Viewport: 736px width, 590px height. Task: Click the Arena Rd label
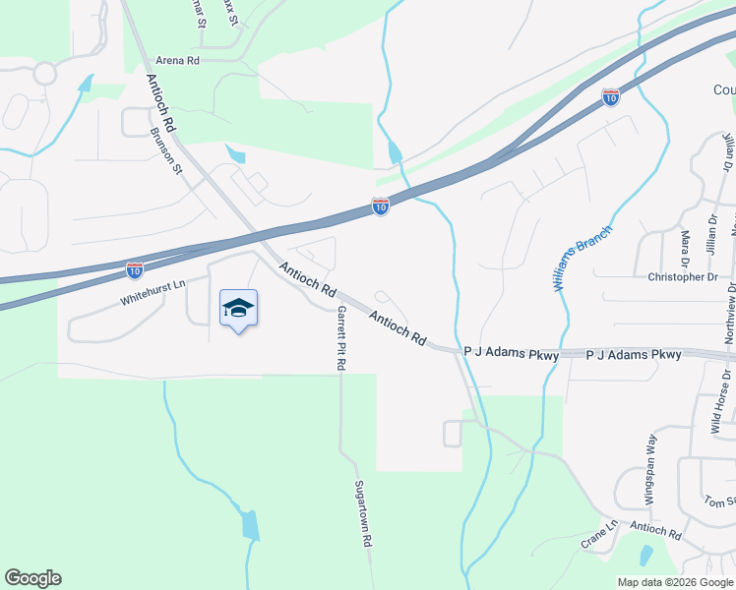click(x=178, y=61)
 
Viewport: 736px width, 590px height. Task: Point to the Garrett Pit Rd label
click(x=341, y=337)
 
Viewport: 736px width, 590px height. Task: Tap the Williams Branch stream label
click(x=581, y=258)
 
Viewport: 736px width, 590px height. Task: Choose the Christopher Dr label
click(x=683, y=277)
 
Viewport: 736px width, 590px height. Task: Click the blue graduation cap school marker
click(x=238, y=309)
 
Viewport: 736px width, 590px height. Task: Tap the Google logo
click(x=32, y=578)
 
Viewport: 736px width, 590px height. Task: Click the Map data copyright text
click(x=675, y=582)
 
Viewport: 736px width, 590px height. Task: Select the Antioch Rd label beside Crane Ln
click(x=656, y=532)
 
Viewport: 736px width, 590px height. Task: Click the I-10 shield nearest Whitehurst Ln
click(x=135, y=268)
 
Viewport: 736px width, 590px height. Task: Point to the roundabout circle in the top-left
click(x=44, y=73)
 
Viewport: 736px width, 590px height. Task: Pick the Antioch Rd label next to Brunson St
click(x=161, y=104)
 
